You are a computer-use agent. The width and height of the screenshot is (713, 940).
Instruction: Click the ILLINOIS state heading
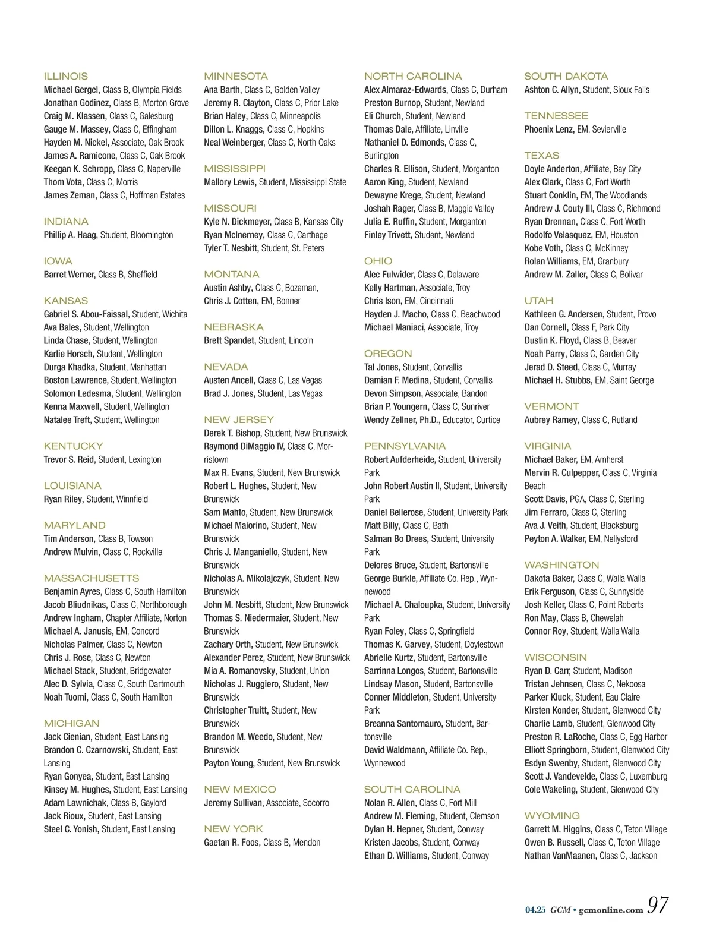point(65,76)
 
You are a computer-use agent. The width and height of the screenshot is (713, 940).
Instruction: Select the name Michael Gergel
point(71,90)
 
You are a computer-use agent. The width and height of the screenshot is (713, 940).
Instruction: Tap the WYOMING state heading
point(552,816)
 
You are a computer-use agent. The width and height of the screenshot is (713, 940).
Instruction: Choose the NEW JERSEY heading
point(239,419)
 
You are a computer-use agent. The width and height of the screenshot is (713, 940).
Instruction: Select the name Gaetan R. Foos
point(232,843)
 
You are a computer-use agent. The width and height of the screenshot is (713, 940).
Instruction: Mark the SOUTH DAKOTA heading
point(566,76)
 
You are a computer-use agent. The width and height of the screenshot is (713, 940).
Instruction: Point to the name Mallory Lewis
point(230,182)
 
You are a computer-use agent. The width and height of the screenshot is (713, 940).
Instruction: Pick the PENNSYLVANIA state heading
point(405,446)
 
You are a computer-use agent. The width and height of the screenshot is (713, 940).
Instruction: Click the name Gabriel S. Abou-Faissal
point(86,314)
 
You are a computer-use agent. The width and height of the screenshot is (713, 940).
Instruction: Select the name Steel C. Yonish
point(71,829)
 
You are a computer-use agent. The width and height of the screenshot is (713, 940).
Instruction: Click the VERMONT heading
point(551,406)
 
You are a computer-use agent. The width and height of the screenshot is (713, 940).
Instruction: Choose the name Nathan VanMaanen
point(560,856)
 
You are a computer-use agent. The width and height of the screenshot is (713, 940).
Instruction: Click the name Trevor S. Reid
point(70,460)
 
